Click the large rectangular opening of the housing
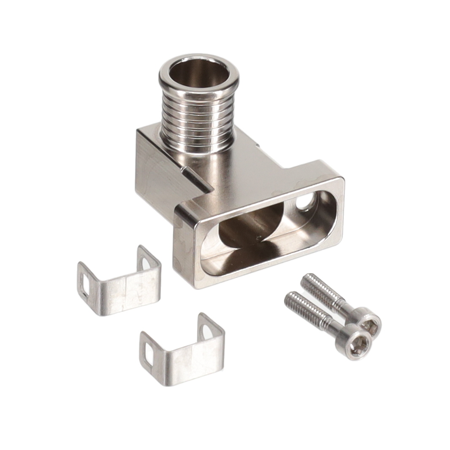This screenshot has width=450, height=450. tap(262, 236)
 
